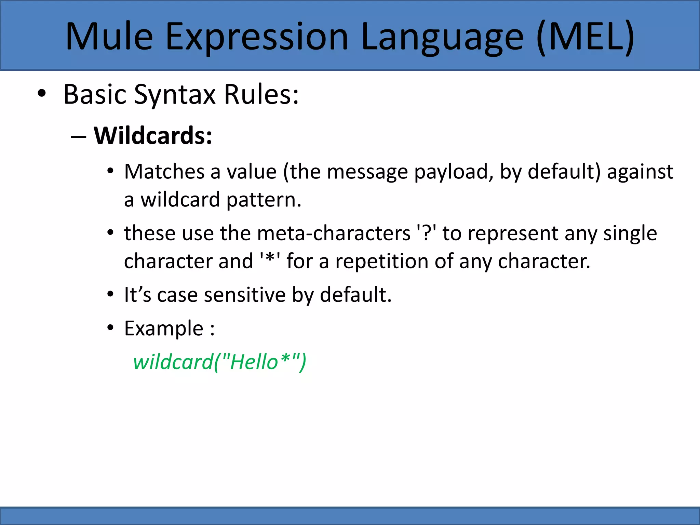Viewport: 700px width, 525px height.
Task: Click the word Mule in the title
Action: click(x=109, y=37)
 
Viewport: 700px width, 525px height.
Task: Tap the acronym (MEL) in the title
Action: click(x=585, y=37)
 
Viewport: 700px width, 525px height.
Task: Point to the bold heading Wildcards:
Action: click(x=153, y=136)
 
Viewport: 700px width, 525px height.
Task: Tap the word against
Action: click(x=640, y=172)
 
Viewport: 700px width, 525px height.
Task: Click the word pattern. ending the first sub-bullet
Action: click(x=264, y=200)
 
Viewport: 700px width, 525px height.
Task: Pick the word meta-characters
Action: click(x=334, y=233)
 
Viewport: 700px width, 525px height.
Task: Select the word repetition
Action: click(x=381, y=261)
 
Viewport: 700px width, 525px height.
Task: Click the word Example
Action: click(x=164, y=329)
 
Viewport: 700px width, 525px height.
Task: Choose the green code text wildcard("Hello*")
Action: click(x=219, y=362)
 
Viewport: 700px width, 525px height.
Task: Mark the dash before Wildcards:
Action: click(x=79, y=137)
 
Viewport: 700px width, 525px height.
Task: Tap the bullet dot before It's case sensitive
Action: click(x=110, y=294)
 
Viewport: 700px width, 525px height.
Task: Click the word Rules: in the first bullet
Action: click(x=261, y=95)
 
